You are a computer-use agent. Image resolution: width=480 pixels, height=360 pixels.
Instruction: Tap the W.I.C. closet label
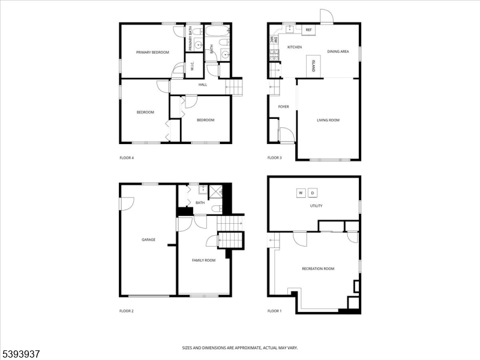192,67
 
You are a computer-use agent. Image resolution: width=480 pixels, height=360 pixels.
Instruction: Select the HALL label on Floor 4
203,85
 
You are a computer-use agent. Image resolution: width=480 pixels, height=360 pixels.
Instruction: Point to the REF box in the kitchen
309,29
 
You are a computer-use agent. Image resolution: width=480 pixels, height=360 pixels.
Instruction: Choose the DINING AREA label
338,52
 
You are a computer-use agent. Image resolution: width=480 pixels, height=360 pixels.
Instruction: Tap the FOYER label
284,107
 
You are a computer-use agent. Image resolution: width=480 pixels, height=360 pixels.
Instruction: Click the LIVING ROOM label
328,120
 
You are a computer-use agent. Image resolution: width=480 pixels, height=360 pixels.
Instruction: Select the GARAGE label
148,239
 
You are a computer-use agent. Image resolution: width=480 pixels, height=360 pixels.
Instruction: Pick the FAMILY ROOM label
203,260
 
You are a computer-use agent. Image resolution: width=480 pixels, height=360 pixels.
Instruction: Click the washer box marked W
301,193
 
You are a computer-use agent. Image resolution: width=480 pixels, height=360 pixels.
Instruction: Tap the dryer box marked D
312,193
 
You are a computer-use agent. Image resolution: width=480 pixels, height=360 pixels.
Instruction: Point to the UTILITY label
316,206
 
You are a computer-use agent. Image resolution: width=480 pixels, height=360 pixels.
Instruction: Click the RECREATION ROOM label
318,268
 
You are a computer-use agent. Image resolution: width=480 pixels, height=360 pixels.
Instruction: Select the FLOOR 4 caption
127,158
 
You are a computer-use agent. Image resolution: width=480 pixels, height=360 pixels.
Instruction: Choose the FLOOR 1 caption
274,311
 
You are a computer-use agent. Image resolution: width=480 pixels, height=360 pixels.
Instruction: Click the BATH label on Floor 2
200,203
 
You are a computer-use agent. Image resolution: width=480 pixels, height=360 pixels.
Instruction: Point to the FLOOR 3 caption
274,158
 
